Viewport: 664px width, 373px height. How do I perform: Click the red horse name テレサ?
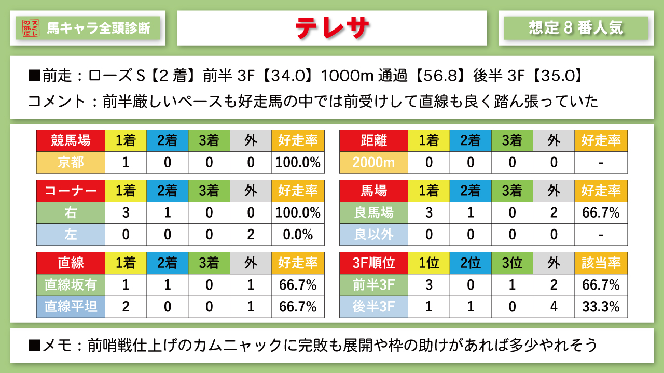pyautogui.click(x=332, y=28)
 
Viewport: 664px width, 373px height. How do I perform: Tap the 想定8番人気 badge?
pyautogui.click(x=576, y=28)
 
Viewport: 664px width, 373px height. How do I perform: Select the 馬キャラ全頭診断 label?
pyautogui.click(x=99, y=28)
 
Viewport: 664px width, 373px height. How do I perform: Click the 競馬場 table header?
pyautogui.click(x=71, y=140)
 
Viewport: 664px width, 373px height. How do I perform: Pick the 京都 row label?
pyautogui.click(x=71, y=162)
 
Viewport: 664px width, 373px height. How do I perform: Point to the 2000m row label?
pyautogui.click(x=374, y=162)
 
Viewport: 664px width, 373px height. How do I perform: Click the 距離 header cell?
pyautogui.click(x=374, y=140)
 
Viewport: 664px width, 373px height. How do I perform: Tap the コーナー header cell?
pyautogui.click(x=71, y=191)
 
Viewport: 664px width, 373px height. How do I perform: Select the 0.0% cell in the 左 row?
pyautogui.click(x=298, y=234)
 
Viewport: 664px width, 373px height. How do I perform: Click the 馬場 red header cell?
pyautogui.click(x=374, y=191)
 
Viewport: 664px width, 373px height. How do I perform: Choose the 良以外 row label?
pyautogui.click(x=374, y=234)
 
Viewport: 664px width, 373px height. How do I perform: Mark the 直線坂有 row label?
pyautogui.click(x=71, y=284)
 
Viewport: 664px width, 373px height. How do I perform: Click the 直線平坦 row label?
pyautogui.click(x=71, y=306)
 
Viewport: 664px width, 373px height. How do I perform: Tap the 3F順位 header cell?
pyautogui.click(x=374, y=263)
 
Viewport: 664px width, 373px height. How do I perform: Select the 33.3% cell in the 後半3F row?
pyautogui.click(x=601, y=306)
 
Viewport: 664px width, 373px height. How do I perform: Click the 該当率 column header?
pyautogui.click(x=601, y=263)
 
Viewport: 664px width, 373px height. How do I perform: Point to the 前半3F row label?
pyautogui.click(x=374, y=284)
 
